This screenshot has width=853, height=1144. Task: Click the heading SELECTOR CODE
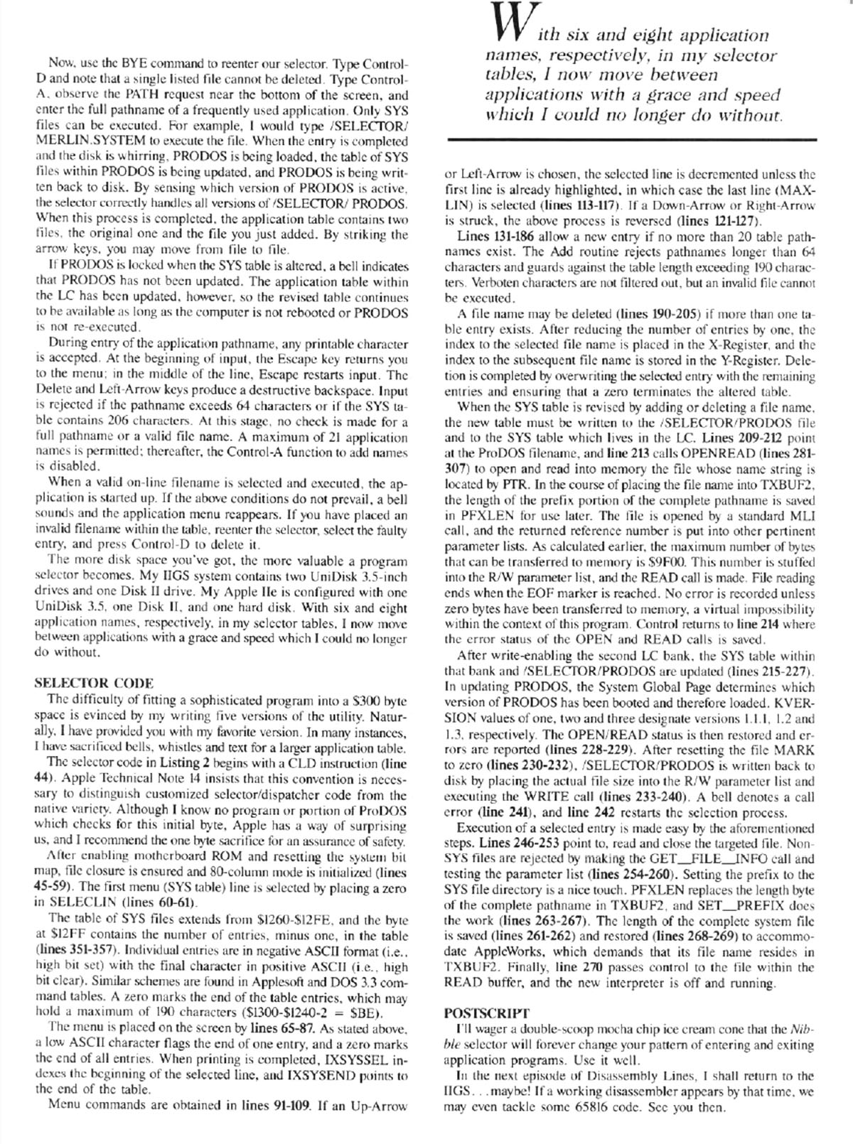(94, 684)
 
